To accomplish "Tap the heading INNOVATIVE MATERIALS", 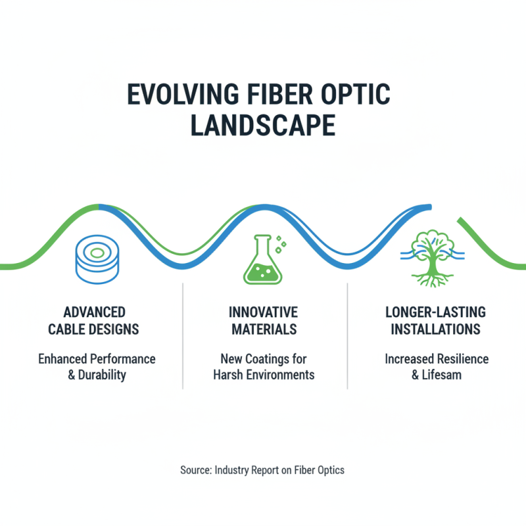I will pyautogui.click(x=263, y=320).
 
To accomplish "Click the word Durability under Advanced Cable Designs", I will pyautogui.click(x=103, y=375).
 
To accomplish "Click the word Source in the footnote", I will pyautogui.click(x=195, y=470).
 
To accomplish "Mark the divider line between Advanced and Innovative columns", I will pyautogui.click(x=182, y=335).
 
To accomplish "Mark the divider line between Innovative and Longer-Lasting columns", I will pyautogui.click(x=347, y=335).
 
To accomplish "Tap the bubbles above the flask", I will pyautogui.click(x=281, y=243).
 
